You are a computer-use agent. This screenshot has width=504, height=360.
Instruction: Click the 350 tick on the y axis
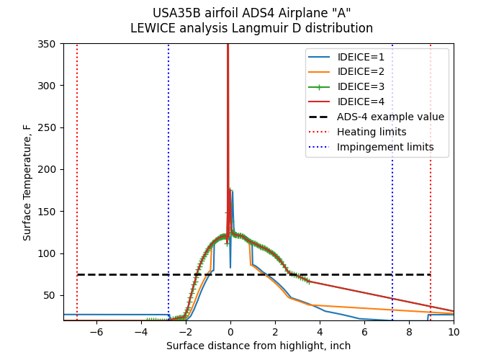pos(48,43)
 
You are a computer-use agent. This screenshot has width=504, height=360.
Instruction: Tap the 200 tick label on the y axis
pos(48,169)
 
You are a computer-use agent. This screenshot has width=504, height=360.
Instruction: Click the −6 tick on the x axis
pos(96,332)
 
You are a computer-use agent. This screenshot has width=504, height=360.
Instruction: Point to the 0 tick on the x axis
pos(230,332)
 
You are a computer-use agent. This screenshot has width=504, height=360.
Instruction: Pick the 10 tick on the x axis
pos(454,332)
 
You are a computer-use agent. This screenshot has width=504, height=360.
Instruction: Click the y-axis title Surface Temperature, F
pos(27,182)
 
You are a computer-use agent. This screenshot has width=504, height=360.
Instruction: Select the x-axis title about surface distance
pos(258,346)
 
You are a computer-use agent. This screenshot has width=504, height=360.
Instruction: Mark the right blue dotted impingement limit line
pos(392,216)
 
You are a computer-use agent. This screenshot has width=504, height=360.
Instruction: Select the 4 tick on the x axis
pos(320,332)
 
